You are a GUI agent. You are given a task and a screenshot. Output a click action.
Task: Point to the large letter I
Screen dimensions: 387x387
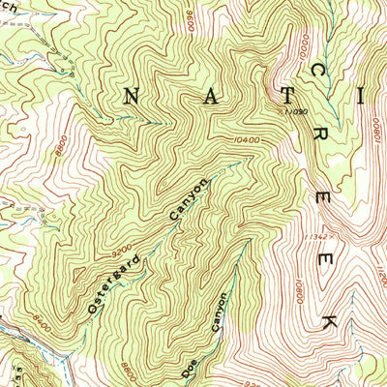(x=363, y=96)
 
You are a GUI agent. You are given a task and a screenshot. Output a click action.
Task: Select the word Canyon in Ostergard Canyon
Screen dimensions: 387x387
(x=189, y=200)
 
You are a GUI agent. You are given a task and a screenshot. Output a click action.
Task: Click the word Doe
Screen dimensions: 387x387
(x=190, y=368)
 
